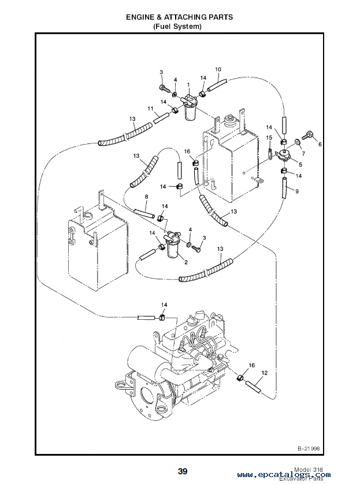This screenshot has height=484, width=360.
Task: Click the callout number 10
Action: [218, 69]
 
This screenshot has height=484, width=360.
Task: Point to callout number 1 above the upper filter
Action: [188, 84]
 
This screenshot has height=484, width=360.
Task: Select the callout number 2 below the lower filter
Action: [185, 263]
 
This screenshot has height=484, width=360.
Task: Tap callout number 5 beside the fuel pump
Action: [300, 165]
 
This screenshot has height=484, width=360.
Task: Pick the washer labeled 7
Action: [298, 142]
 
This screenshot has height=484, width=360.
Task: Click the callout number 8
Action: [146, 197]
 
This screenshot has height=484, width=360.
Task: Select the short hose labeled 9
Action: [284, 188]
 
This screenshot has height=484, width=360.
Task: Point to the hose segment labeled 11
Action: [161, 118]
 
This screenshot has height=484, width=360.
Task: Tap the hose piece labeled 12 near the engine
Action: [253, 387]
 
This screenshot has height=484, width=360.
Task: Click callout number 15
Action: [269, 138]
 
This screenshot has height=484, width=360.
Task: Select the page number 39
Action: [183, 471]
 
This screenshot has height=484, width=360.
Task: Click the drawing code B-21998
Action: [309, 449]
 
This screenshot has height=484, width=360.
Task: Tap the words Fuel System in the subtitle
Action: [177, 27]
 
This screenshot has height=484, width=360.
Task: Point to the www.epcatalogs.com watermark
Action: [284, 475]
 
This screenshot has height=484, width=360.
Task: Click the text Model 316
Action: [309, 470]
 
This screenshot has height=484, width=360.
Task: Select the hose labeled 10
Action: [217, 84]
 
